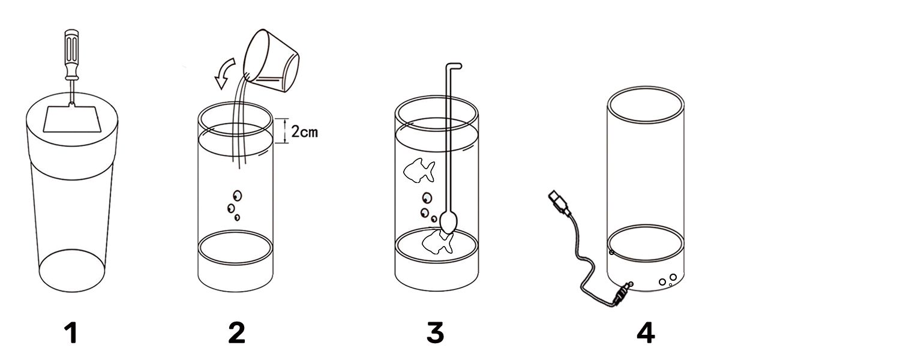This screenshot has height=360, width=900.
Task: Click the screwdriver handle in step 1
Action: tap(73, 54)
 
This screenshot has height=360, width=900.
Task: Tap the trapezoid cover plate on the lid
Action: tap(71, 119)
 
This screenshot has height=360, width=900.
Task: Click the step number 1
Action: tap(71, 333)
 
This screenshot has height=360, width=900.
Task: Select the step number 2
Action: tap(236, 333)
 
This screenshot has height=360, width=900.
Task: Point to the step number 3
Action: tap(436, 333)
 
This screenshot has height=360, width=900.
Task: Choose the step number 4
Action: tap(646, 333)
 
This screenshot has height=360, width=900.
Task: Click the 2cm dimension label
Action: tap(304, 131)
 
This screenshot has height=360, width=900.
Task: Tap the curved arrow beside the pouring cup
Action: tap(224, 73)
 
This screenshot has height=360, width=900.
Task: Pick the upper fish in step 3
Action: tap(419, 170)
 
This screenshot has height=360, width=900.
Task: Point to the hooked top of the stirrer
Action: tap(454, 65)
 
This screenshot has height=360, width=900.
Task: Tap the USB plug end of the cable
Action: tap(559, 202)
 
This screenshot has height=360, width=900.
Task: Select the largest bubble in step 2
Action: tap(237, 196)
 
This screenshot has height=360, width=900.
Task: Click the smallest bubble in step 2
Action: tap(237, 217)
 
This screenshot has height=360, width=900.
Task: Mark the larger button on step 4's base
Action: tap(673, 277)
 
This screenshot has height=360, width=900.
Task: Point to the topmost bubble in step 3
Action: tap(427, 198)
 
